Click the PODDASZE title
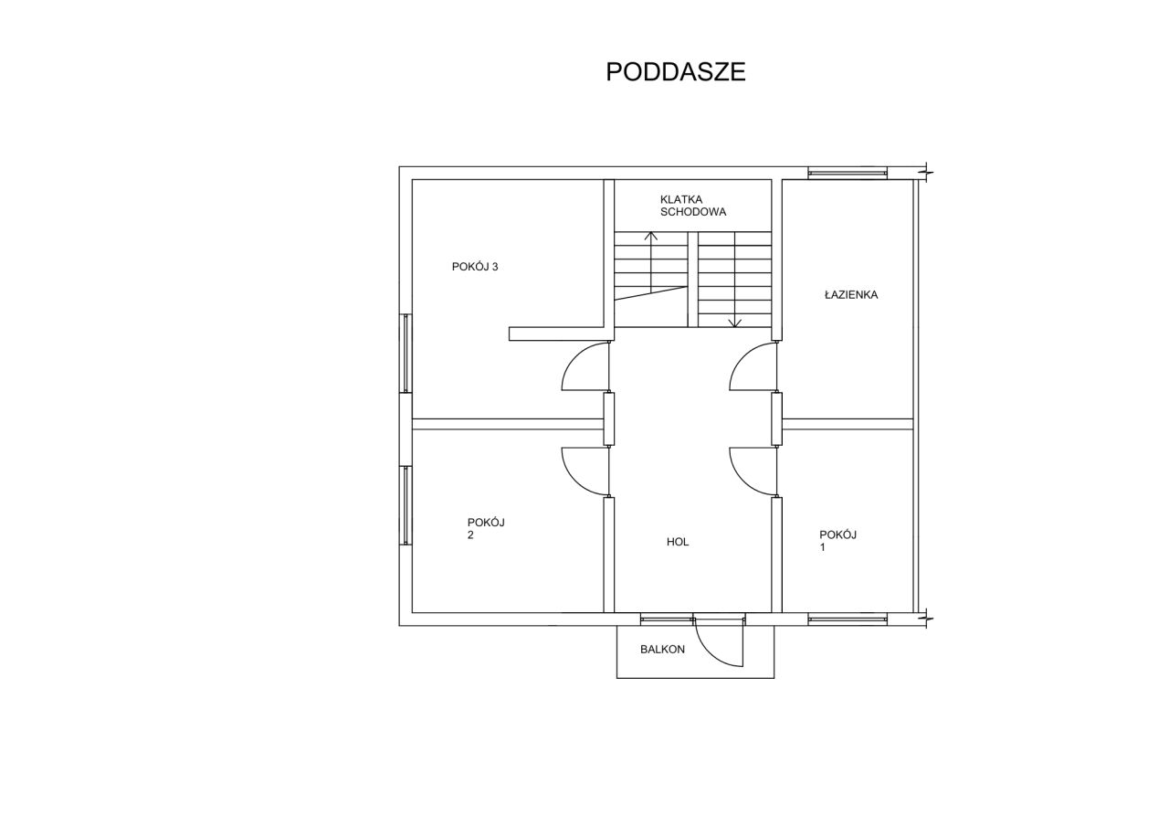pos(675,72)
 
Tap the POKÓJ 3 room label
pos(475,267)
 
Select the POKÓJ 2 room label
pos(486,528)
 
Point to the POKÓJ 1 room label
pos(838,541)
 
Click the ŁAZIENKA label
pos(851,295)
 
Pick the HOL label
pos(678,542)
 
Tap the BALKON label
pos(662,650)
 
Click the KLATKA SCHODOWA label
pos(693,206)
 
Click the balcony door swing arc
pos(711,652)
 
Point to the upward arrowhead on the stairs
pos(651,236)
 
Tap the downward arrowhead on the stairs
pos(735,323)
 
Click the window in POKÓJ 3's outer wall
pos(405,353)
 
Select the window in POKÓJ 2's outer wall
pos(405,505)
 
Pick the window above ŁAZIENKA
pos(848,173)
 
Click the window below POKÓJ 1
pos(848,619)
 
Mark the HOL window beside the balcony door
pos(667,619)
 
